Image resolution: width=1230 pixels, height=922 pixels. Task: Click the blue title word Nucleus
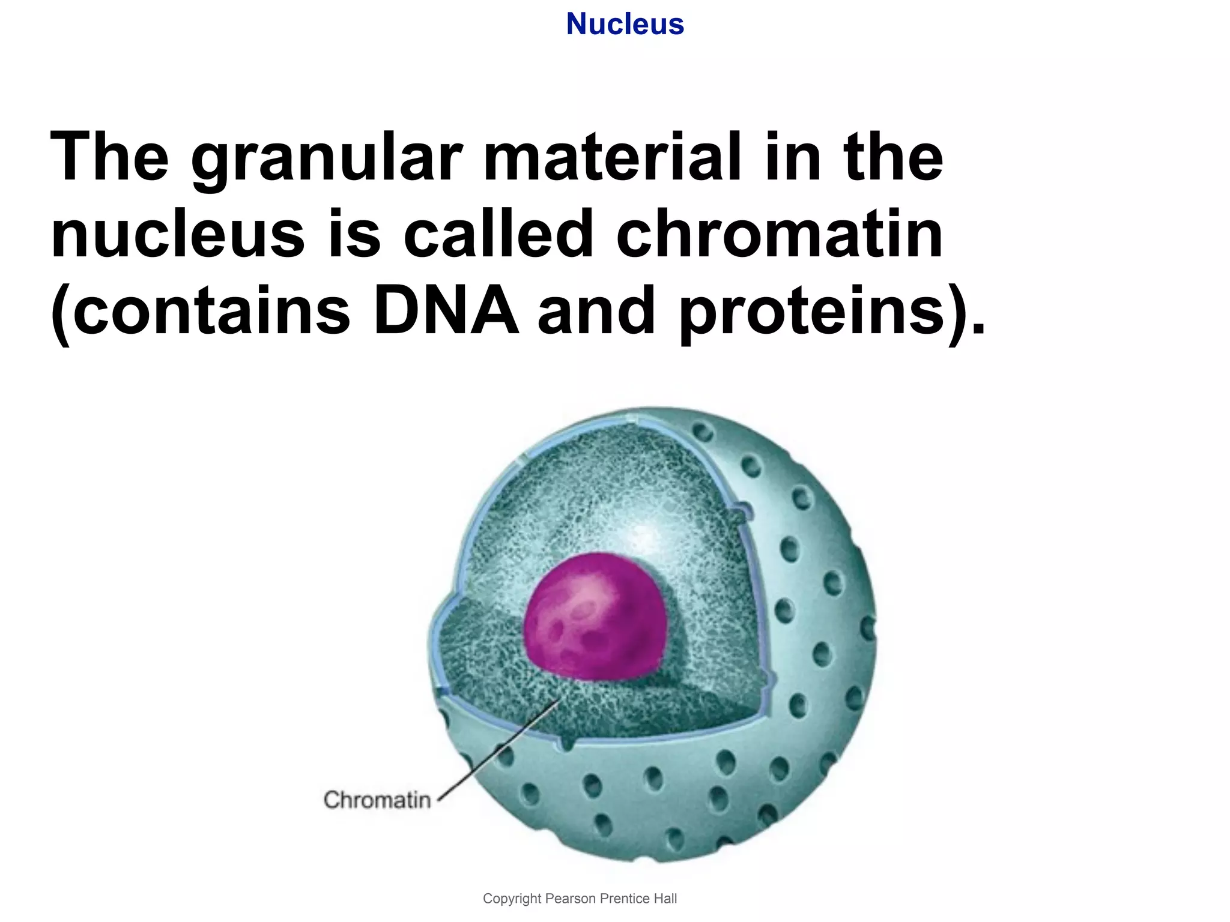tap(625, 25)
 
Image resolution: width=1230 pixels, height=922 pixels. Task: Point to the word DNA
tap(446, 311)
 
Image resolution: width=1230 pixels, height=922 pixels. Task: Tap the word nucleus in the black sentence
tap(178, 235)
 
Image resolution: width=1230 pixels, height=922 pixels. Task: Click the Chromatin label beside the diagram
tap(377, 800)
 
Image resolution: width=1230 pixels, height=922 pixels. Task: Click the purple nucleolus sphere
tap(595, 618)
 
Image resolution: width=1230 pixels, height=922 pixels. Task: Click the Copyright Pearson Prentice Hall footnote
tap(580, 899)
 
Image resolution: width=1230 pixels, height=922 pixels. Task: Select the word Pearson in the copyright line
tap(571, 899)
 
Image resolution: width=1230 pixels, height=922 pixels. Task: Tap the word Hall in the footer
tap(665, 899)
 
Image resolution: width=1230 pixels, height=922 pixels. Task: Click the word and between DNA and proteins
tap(596, 311)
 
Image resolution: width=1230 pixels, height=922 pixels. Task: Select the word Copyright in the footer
tap(512, 899)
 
